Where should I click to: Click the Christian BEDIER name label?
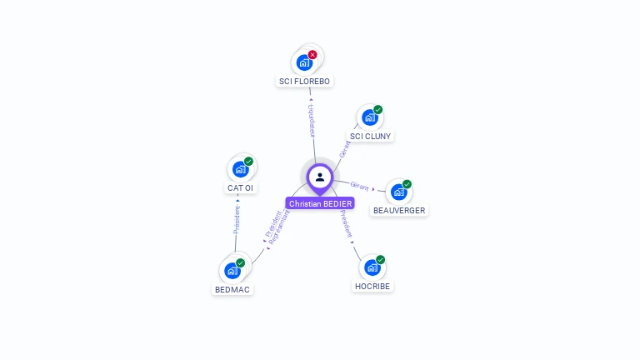click(x=320, y=203)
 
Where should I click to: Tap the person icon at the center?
click(x=320, y=177)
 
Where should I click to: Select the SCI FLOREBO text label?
click(x=305, y=82)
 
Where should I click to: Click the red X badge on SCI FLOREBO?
click(x=312, y=54)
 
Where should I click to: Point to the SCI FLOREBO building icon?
click(x=304, y=62)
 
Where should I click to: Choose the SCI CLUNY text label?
click(x=370, y=136)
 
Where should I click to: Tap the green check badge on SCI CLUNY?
click(x=377, y=110)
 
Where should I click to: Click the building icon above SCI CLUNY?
click(x=369, y=117)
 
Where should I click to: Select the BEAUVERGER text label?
click(x=399, y=211)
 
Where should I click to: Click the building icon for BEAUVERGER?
click(x=398, y=192)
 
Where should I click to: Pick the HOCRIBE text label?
click(x=372, y=286)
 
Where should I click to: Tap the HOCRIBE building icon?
click(x=372, y=267)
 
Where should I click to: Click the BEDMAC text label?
click(x=232, y=289)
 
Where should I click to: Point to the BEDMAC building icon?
click(x=232, y=271)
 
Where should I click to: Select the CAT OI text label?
click(x=241, y=187)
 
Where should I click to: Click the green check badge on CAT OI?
click(x=248, y=162)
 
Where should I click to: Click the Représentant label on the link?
click(x=279, y=226)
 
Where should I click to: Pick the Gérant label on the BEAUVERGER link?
click(x=360, y=186)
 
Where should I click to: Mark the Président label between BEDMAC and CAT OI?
click(x=237, y=218)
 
